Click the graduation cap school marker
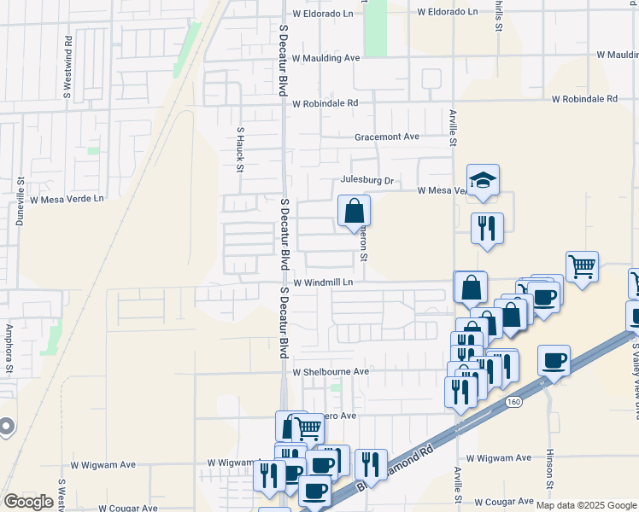tap(483, 180)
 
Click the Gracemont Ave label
tap(387, 137)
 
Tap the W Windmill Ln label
tap(323, 282)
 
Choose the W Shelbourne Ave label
tap(331, 372)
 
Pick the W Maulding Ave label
tap(325, 58)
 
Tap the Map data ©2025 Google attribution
tap(586, 505)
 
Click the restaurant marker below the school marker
tap(487, 229)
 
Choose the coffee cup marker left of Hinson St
tap(554, 360)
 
